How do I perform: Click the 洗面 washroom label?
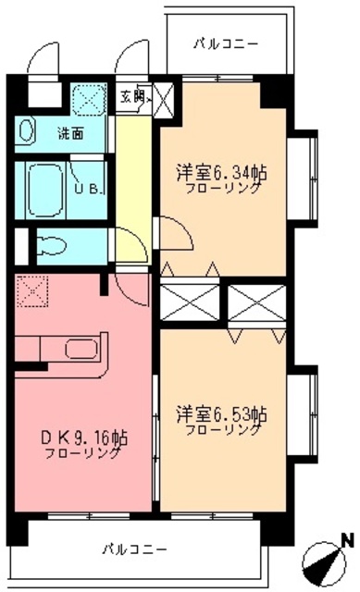tap(71, 132)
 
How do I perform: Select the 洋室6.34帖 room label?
tap(223, 172)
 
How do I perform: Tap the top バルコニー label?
tap(227, 43)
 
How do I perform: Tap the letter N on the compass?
tap(347, 538)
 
